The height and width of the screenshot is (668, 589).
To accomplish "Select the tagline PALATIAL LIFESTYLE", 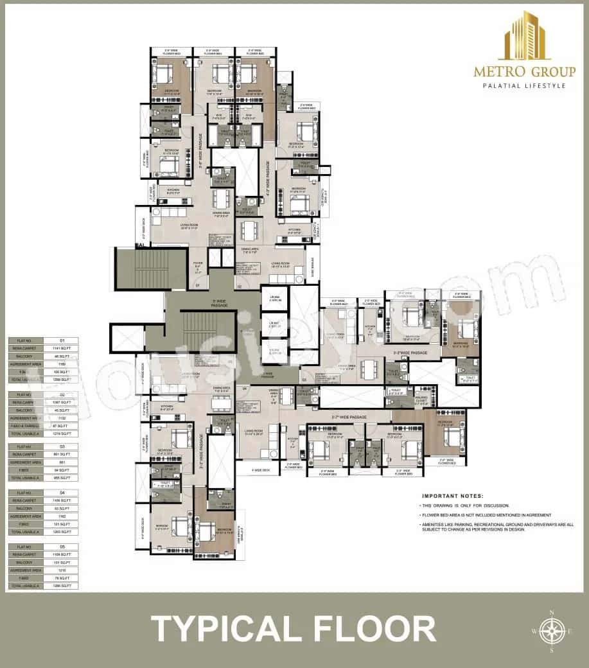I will pyautogui.click(x=520, y=85).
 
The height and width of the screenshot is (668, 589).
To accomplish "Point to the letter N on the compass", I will pyautogui.click(x=550, y=612).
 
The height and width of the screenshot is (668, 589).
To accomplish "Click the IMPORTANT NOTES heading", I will pyautogui.click(x=452, y=497).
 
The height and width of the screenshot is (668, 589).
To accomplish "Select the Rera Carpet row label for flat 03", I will pyautogui.click(x=26, y=454).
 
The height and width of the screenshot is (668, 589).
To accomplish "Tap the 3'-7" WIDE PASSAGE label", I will pyautogui.click(x=349, y=418).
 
